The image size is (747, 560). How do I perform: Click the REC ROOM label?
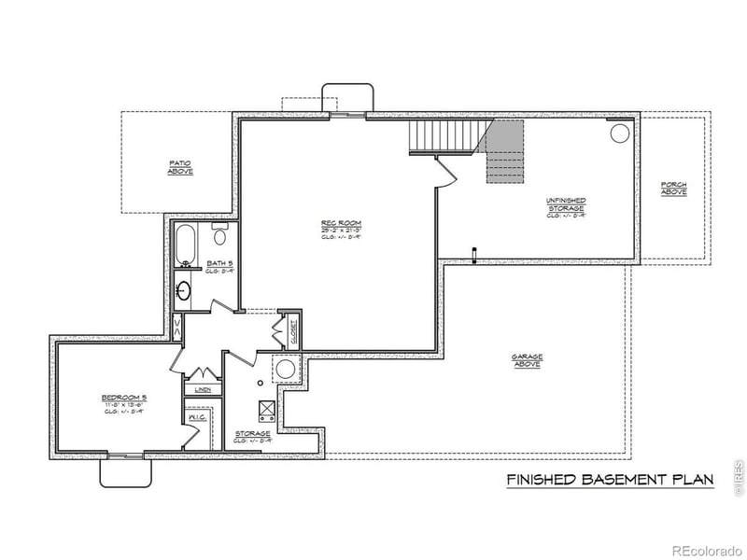pos(341,223)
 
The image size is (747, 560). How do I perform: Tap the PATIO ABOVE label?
pos(180,167)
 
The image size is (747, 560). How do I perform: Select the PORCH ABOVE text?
pos(673,188)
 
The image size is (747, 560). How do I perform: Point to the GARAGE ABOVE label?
pos(527,360)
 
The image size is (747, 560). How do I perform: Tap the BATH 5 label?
pos(219,264)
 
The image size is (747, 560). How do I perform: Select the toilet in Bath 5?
pos(220,233)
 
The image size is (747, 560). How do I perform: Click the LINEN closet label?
pos(203,388)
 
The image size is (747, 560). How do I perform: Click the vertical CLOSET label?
pos(293,331)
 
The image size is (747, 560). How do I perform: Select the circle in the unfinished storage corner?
pos(620,133)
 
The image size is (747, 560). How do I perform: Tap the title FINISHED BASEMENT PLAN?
pos(610,480)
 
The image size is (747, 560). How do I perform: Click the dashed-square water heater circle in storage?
pos(284,369)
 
